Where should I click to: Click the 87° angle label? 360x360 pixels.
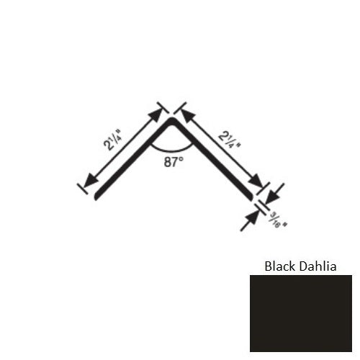[x=172, y=163]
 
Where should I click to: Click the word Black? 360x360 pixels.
[x=280, y=266]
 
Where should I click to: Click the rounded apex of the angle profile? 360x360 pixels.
[x=173, y=120]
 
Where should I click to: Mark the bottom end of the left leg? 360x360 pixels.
[x=96, y=198]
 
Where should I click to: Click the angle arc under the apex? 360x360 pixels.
[x=171, y=148]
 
